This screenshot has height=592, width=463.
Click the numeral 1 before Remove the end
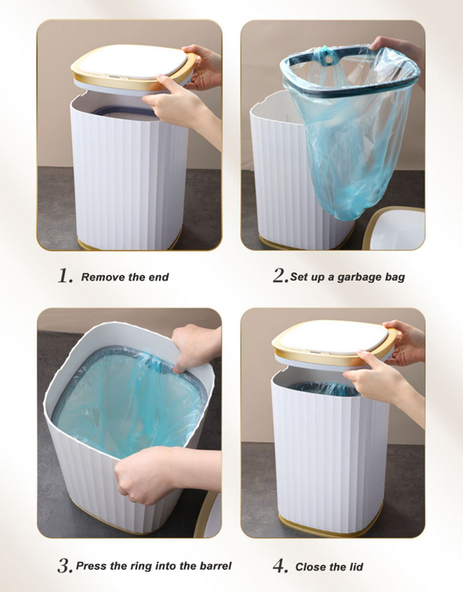coord(64,276)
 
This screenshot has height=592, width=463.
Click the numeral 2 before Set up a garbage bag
coord(280,276)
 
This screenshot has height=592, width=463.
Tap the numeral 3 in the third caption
coord(64,565)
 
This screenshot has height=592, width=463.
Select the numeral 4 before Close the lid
coord(280,565)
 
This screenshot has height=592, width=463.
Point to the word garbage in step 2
coord(358,277)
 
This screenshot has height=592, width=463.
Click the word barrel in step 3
coord(215,566)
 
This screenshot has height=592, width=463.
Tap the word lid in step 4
coord(355,567)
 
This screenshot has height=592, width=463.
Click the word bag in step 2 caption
coord(394,277)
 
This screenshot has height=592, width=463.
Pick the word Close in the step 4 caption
coord(311,567)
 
